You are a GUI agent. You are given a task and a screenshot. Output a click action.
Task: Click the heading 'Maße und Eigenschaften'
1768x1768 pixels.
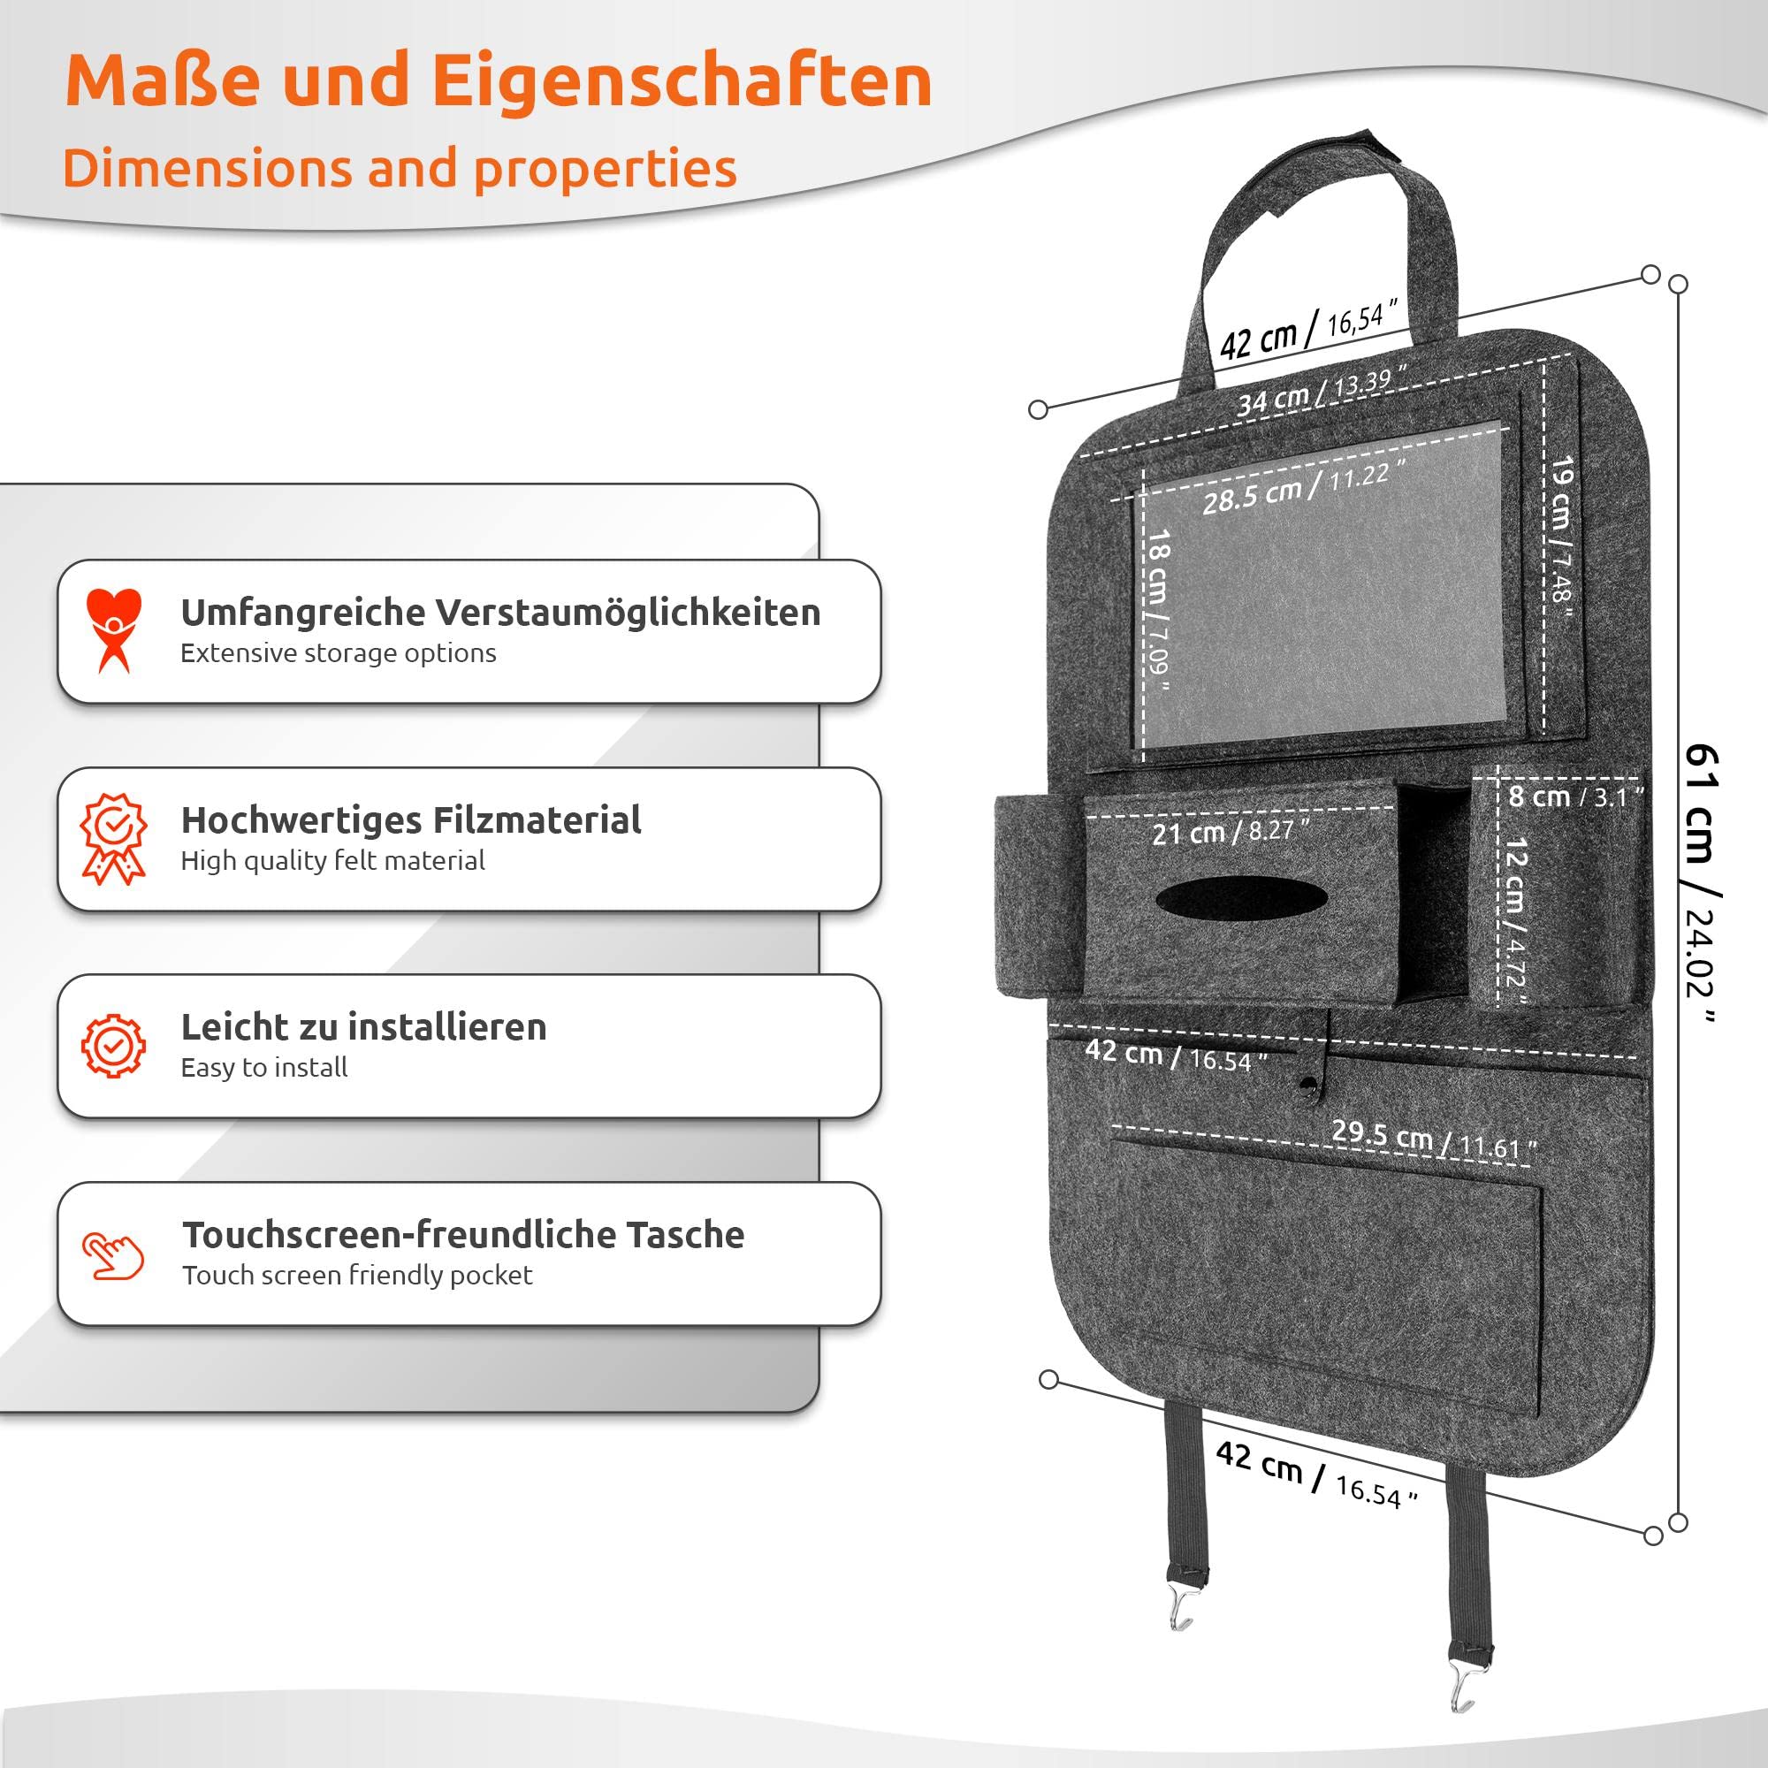[x=499, y=81]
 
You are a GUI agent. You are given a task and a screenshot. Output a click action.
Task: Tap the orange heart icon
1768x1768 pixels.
[x=113, y=630]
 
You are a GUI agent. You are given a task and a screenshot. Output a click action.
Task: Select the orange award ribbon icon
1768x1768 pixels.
[x=113, y=838]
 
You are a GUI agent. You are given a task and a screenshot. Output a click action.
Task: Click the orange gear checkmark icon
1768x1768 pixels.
[x=113, y=1045]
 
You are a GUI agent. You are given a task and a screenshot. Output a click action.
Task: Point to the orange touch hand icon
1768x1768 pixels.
[x=113, y=1255]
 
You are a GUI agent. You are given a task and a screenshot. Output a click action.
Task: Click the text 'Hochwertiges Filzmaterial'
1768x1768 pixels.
[x=411, y=821]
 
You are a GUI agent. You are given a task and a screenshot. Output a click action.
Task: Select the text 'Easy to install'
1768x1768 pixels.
[x=264, y=1067]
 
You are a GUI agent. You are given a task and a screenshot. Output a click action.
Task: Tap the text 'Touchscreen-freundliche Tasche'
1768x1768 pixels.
[x=463, y=1234]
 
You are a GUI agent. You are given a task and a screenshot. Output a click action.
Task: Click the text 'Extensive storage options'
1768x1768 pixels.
[x=339, y=653]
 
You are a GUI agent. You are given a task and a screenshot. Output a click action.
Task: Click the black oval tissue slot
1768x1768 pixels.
[x=1242, y=898]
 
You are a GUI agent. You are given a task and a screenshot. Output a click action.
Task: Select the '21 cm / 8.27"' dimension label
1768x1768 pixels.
[x=1231, y=832]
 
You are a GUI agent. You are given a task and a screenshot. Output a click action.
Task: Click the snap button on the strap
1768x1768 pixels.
[x=1307, y=1086]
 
